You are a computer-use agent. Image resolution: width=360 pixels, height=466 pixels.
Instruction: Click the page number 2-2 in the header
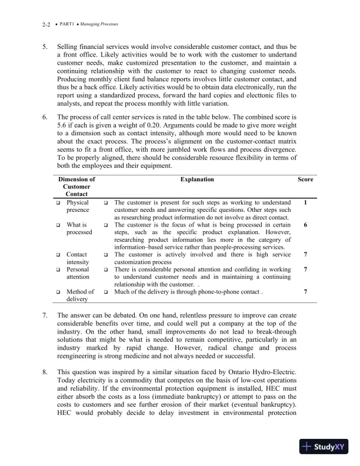[47, 25]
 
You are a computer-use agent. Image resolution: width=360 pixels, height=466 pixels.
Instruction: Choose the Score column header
[305, 179]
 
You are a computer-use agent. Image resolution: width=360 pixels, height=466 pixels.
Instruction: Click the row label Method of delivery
[80, 295]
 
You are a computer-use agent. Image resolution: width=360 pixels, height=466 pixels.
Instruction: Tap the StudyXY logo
[324, 446]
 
